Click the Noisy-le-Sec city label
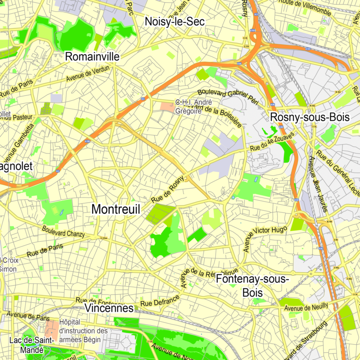pyautogui.click(x=175, y=21)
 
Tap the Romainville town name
pyautogui.click(x=92, y=56)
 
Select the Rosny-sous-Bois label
pyautogui.click(x=310, y=117)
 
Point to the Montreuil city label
pyautogui.click(x=116, y=209)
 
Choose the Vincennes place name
pyautogui.click(x=109, y=308)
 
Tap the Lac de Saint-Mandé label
pyautogui.click(x=32, y=344)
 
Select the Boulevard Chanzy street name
pyautogui.click(x=63, y=230)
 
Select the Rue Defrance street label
pyautogui.click(x=160, y=300)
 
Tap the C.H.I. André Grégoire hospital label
pyautogui.click(x=188, y=107)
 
